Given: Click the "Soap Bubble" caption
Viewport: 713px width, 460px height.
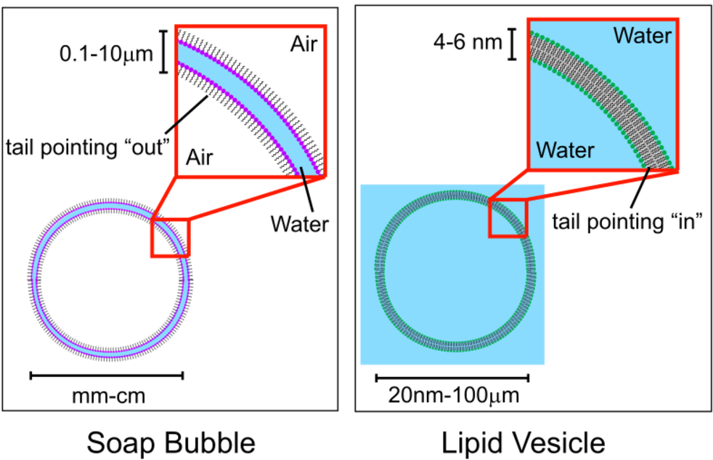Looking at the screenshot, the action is click(171, 443).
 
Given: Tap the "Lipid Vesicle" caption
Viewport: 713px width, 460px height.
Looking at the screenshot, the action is click(523, 443).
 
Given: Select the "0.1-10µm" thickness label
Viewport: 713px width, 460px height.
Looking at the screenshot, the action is click(107, 54).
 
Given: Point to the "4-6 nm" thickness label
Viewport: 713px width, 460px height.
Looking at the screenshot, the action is click(468, 42).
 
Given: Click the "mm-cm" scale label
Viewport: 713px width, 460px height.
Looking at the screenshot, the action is click(109, 396).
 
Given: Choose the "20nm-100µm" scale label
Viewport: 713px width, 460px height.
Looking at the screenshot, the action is click(453, 395).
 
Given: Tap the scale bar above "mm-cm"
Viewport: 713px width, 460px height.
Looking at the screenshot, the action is click(107, 376).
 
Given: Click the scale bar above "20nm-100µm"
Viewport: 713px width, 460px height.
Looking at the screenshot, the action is click(452, 378).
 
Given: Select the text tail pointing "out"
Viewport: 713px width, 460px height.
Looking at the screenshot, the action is click(88, 148).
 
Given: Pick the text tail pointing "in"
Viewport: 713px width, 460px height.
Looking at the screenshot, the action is click(627, 222).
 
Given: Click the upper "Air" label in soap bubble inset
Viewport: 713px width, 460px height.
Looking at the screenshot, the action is click(303, 44).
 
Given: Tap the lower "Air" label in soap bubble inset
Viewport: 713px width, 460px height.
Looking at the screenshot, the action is click(199, 158).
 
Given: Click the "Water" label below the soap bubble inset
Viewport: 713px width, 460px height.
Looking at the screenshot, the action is click(300, 224).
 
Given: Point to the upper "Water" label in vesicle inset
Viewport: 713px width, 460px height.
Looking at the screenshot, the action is click(643, 36).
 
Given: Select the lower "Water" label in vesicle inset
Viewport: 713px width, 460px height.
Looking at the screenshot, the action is click(565, 150).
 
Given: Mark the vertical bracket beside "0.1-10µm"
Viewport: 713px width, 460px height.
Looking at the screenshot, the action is click(163, 52).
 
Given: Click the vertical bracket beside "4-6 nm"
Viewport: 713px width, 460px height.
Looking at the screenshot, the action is click(513, 44).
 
